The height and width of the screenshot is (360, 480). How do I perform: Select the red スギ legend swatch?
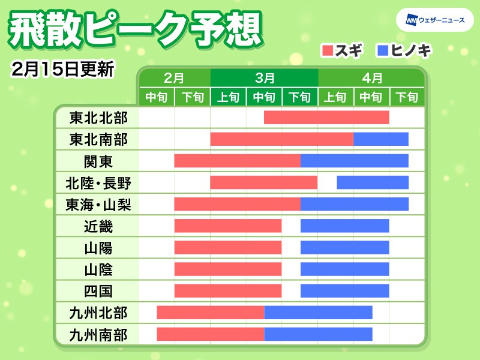click(x=328, y=50)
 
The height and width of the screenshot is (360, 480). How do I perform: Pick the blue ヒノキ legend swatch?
click(x=382, y=50)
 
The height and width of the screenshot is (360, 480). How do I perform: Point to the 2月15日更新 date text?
click(x=62, y=68)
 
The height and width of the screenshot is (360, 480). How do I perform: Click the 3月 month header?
click(x=264, y=78)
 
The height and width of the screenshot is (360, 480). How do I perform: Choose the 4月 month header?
click(x=372, y=78)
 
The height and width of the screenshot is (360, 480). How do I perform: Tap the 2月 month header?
click(x=174, y=78)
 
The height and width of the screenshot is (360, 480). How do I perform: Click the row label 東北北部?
click(x=98, y=118)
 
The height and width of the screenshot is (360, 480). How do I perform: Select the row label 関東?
click(x=98, y=161)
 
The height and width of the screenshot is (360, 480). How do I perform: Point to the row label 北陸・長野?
click(x=98, y=183)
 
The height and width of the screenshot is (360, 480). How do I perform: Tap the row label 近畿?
click(x=98, y=226)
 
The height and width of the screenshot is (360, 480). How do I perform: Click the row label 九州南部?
click(x=98, y=334)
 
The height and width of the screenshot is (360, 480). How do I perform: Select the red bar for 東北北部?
click(x=326, y=118)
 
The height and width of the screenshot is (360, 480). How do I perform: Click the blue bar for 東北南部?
click(x=381, y=139)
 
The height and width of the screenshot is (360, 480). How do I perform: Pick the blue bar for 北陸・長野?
click(x=373, y=182)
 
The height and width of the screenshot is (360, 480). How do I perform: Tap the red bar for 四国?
click(x=228, y=291)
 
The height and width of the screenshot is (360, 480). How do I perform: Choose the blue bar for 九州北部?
click(x=318, y=313)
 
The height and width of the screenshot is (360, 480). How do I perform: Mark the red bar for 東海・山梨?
click(x=237, y=204)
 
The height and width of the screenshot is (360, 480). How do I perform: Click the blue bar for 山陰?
click(x=344, y=269)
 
